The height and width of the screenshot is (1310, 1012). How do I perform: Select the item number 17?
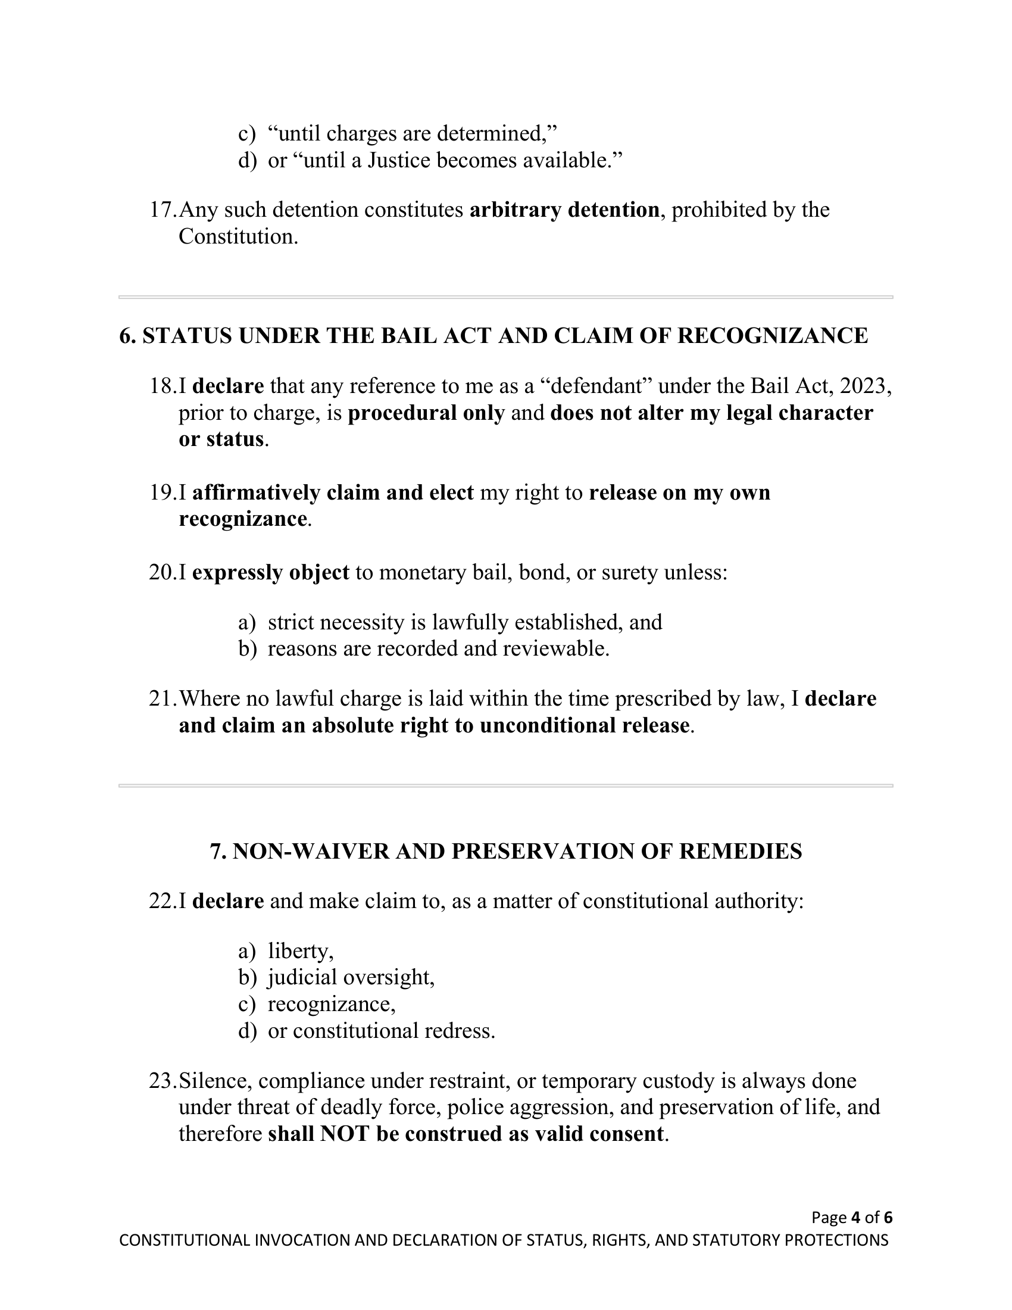pos(162,210)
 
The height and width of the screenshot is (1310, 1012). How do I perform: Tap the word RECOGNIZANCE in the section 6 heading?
pos(772,336)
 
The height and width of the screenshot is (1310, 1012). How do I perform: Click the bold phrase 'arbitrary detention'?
pos(564,210)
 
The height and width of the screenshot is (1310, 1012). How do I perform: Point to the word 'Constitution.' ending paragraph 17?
pos(238,236)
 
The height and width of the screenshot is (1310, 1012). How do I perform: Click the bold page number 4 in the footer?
pos(855,1217)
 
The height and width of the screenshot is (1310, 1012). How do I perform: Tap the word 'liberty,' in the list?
pos(301,951)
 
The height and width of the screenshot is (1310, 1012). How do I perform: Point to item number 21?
pos(162,699)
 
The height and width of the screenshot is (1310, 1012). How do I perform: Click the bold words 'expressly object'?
pos(270,573)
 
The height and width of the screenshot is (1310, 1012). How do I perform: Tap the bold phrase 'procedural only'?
pos(426,413)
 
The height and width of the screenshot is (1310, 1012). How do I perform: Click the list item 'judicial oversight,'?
pos(351,977)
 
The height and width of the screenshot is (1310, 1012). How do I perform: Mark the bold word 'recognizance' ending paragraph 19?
pos(242,519)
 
